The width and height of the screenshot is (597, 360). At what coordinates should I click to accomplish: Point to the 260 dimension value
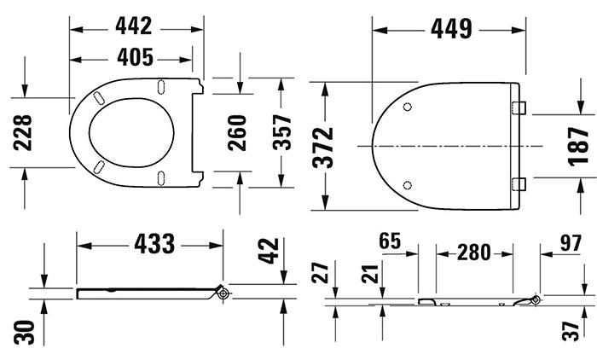[x=237, y=132]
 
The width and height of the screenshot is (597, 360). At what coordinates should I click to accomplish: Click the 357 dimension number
[x=281, y=132]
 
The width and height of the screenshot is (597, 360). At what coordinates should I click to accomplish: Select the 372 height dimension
[x=325, y=146]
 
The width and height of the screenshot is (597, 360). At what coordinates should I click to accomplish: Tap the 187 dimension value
[x=579, y=145]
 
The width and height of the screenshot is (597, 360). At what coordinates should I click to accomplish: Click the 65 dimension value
[x=390, y=241]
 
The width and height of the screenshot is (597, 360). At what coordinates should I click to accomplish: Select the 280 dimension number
[x=474, y=253]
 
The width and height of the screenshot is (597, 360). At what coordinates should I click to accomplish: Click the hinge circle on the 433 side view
[x=223, y=293]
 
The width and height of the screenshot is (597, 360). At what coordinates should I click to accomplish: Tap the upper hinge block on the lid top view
[x=519, y=107]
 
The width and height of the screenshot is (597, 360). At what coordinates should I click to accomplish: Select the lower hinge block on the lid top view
[x=519, y=183]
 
